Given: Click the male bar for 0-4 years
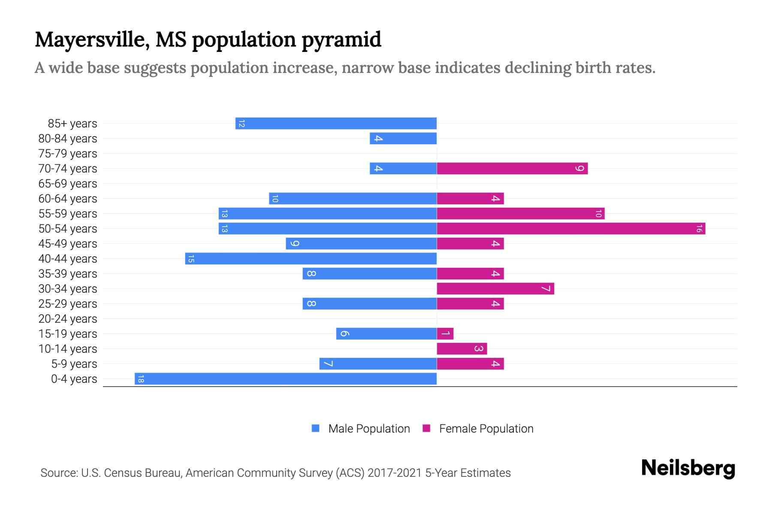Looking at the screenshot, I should pos(286,379).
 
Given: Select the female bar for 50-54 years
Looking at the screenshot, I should pos(571,229).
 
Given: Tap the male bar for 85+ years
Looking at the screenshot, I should pos(336,124).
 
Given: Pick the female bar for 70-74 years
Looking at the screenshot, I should pos(512,169).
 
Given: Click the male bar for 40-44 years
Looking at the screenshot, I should pos(311,259).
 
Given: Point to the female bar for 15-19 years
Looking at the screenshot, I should pos(445,334).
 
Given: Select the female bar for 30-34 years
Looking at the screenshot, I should pos(495,289).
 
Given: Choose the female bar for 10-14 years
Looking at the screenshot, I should pos(462,349).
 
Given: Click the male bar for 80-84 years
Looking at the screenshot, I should pos(403,139).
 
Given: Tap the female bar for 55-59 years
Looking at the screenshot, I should pos(521,214).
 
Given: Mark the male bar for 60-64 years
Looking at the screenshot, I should pos(353,199).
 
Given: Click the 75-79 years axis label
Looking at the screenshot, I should pos(68,154).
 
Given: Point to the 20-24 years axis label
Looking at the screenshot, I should pos(68,319).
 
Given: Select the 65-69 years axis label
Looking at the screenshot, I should pos(68,184).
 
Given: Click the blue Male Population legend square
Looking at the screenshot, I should pos(316,428).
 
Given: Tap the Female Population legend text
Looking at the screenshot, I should pos(486,429).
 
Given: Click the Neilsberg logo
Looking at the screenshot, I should pos(688,468).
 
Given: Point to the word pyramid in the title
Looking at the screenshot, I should pos(341,40).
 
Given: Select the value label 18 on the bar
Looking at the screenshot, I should pos(141,379).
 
